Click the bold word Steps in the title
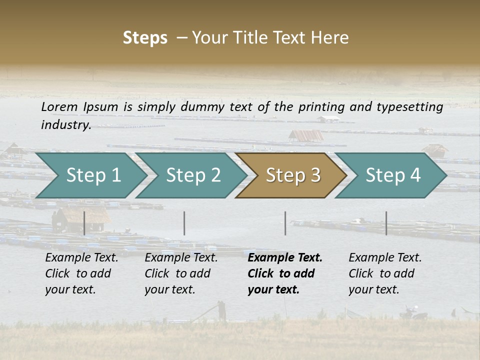(145, 38)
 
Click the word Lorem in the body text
(59, 107)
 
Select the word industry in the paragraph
(66, 125)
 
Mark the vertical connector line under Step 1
(84, 223)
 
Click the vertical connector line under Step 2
(184, 223)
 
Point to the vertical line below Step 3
(285, 223)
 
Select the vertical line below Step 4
(386, 223)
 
